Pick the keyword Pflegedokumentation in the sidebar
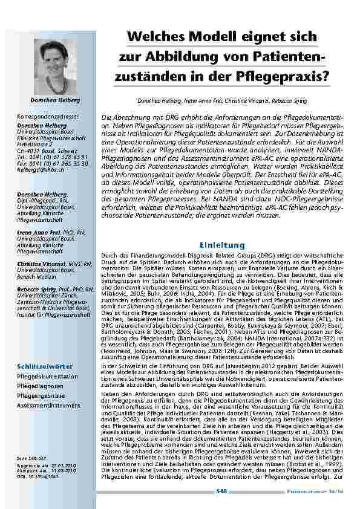point(47,375)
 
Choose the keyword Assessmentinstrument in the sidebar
point(48,405)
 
